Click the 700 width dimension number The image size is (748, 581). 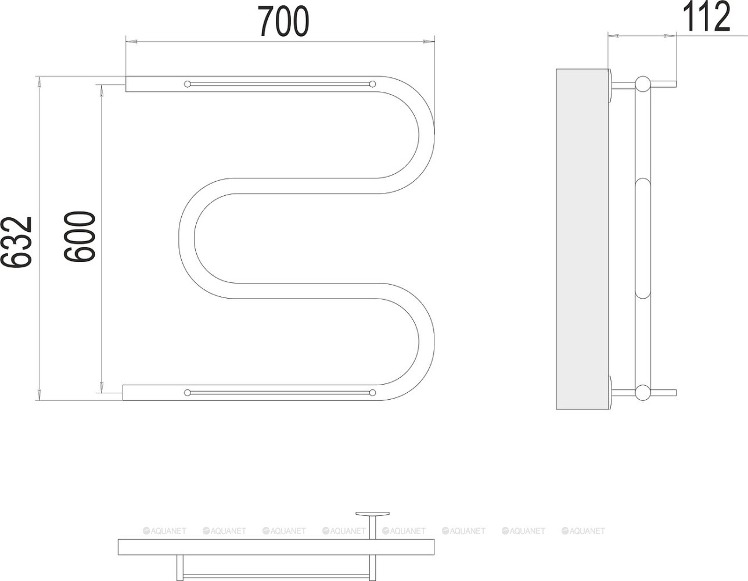[x=283, y=21]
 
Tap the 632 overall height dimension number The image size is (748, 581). [x=16, y=242]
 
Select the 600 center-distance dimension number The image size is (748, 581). [x=79, y=236]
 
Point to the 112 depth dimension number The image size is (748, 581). [x=706, y=16]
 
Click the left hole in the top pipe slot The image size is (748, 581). [x=188, y=84]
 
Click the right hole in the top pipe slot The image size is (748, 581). [x=372, y=84]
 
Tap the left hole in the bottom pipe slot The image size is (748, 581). [x=188, y=393]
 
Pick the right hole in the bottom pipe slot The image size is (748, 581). [x=372, y=393]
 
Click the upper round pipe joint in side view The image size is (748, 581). [x=643, y=84]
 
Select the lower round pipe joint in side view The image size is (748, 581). [x=643, y=393]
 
